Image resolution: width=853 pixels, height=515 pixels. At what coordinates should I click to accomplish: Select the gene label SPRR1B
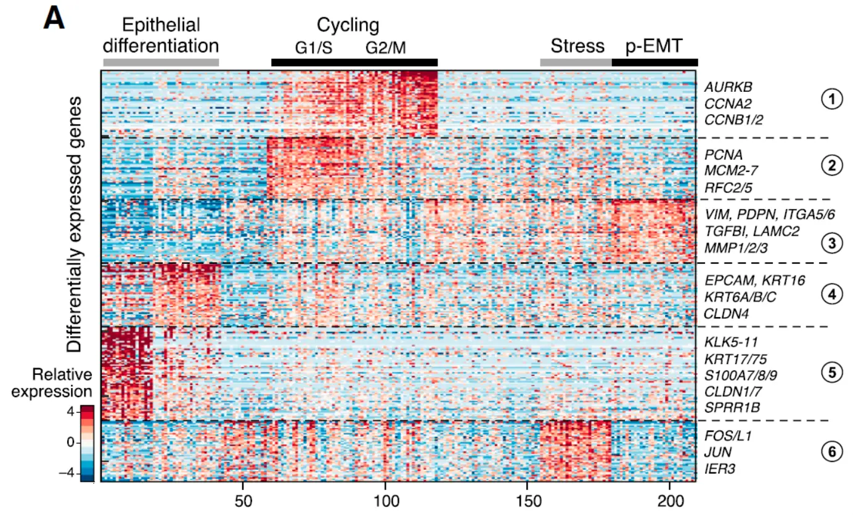[732, 408]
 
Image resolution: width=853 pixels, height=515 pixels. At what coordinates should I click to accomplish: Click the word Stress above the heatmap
[578, 46]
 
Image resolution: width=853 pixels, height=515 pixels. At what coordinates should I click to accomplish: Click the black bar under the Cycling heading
[354, 62]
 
